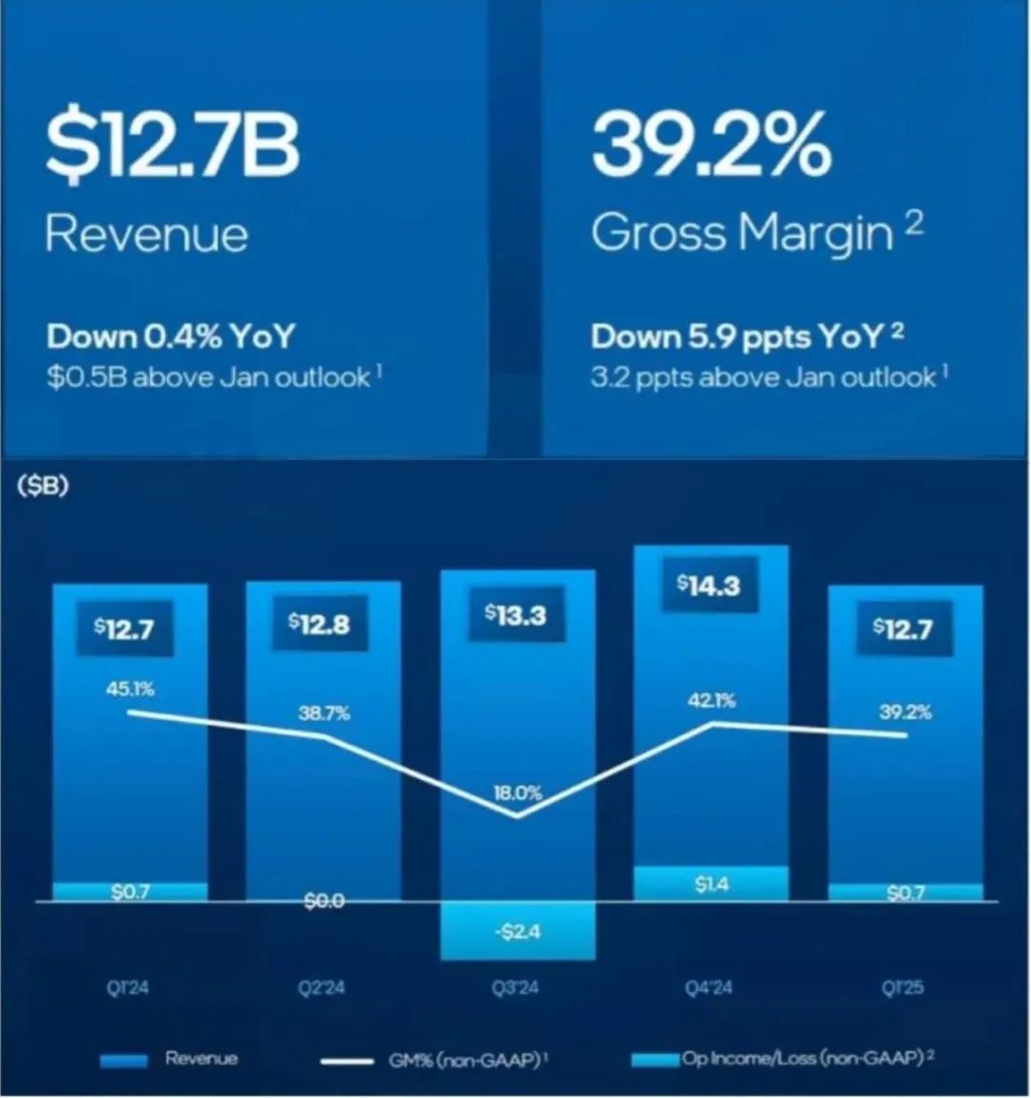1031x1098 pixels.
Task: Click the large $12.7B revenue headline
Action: (x=173, y=145)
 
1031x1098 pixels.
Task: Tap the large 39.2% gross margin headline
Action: (x=711, y=145)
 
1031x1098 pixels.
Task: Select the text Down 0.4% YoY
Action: (x=171, y=336)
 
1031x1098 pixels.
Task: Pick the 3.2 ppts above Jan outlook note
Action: (x=764, y=377)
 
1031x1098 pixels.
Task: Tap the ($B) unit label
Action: (x=43, y=486)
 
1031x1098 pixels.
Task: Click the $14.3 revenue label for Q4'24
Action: (x=708, y=584)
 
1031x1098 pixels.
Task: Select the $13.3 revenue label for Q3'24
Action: (x=515, y=615)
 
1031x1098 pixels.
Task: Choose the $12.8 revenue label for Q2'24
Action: (x=319, y=623)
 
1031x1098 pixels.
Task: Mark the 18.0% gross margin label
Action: (x=517, y=792)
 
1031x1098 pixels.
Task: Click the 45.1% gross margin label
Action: (x=130, y=688)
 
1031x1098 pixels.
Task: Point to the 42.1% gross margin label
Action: (x=711, y=701)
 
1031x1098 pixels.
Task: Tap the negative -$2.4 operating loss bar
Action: (x=518, y=931)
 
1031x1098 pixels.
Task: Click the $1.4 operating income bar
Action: (x=711, y=883)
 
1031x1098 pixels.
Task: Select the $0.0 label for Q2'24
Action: (x=324, y=900)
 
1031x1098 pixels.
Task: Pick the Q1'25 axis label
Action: (x=902, y=987)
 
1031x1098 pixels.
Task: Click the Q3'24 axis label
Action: (x=515, y=987)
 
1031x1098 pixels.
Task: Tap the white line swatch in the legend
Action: (x=347, y=1061)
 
